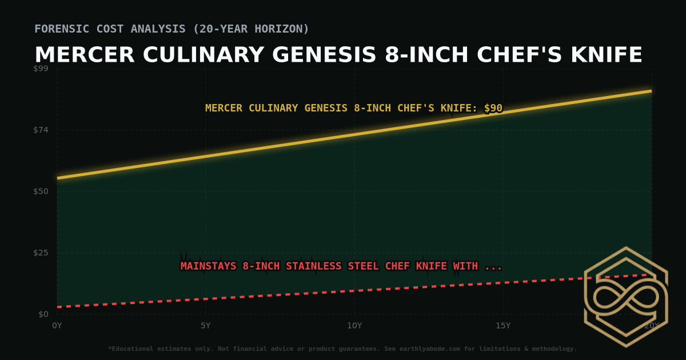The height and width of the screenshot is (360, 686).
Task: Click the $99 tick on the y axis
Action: pyautogui.click(x=41, y=69)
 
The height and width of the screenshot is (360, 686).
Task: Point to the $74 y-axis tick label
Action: pyautogui.click(x=41, y=130)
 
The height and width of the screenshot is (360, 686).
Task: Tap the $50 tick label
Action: pyautogui.click(x=41, y=191)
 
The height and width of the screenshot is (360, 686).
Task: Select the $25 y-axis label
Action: pyautogui.click(x=41, y=253)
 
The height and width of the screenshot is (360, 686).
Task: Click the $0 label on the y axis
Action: pyautogui.click(x=43, y=314)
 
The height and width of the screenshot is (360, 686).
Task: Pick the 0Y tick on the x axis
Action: pyautogui.click(x=57, y=326)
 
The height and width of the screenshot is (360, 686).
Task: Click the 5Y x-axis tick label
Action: pyautogui.click(x=206, y=326)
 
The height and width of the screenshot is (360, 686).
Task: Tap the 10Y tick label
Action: pyautogui.click(x=354, y=326)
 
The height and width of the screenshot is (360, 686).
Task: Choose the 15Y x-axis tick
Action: pyautogui.click(x=503, y=326)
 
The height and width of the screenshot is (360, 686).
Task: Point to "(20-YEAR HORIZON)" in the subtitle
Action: pyautogui.click(x=253, y=29)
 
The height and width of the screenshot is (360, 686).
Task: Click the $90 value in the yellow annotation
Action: pyautogui.click(x=493, y=108)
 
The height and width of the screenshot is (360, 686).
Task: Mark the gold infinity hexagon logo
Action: pyautogui.click(x=625, y=297)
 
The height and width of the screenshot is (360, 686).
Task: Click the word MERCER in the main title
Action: pyautogui.click(x=85, y=55)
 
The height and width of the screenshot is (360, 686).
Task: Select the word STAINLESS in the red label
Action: pyautogui.click(x=314, y=266)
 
